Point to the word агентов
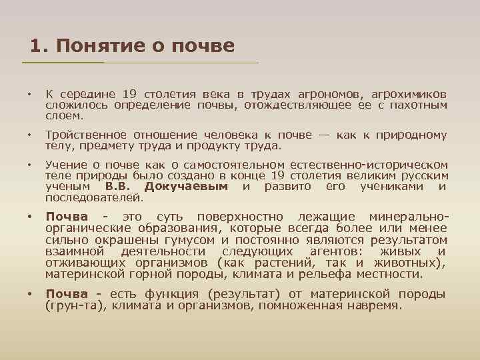tap(337, 251)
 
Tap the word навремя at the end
tap(377, 305)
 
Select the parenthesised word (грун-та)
tap(70, 305)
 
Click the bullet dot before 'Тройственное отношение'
tap(29, 135)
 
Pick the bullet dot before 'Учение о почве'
tap(29, 164)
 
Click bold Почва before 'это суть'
tap(67, 217)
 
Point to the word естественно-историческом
tap(377, 164)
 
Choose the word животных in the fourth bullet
tap(414, 262)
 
